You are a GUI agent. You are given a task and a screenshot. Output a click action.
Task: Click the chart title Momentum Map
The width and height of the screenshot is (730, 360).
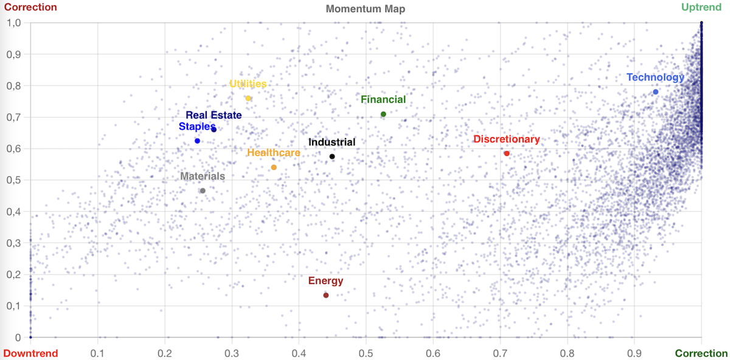(365, 9)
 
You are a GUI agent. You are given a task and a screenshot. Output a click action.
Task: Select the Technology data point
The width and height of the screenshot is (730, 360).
(655, 92)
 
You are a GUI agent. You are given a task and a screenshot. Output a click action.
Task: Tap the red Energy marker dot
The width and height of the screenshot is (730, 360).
(326, 296)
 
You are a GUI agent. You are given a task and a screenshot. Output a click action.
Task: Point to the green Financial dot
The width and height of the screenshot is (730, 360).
(383, 114)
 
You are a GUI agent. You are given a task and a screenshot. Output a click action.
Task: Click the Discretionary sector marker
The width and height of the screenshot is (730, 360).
(507, 153)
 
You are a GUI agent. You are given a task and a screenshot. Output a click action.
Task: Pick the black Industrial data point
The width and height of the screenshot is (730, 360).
(332, 157)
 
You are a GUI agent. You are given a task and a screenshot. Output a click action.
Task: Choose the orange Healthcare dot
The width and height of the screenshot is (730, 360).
(274, 167)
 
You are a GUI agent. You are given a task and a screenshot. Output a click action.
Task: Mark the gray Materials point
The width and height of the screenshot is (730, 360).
(203, 191)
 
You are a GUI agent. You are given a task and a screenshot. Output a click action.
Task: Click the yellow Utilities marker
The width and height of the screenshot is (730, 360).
(248, 99)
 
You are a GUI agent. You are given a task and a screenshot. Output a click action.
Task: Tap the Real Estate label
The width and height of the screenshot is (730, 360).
(214, 115)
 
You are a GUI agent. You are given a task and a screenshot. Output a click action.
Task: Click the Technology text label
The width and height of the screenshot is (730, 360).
(655, 77)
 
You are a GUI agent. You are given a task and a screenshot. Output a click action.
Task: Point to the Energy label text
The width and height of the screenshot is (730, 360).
(325, 281)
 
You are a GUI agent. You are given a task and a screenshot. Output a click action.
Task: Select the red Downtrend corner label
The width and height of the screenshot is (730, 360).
(30, 353)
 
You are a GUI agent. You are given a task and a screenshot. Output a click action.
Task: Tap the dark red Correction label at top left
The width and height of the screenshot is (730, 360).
(30, 7)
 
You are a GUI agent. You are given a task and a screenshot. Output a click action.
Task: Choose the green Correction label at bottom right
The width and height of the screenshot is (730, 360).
(701, 353)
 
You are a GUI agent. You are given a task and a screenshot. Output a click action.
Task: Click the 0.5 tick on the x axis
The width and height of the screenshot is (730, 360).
(366, 353)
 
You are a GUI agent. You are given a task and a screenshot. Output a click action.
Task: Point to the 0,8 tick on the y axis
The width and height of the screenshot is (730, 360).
(13, 86)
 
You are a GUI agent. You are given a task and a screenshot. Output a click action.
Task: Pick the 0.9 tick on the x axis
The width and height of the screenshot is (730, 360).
(634, 353)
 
